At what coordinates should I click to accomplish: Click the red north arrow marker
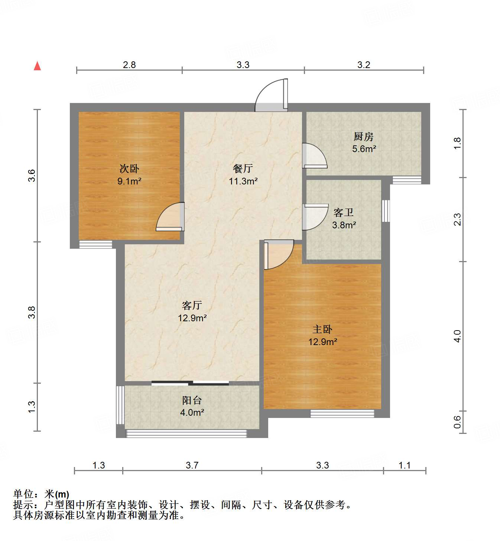[x=37, y=66]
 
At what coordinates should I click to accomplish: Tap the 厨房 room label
[x=363, y=136]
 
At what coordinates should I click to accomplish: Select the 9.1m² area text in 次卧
[x=129, y=181]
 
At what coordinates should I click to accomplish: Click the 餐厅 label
[x=243, y=168]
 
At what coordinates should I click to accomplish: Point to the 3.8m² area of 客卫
[x=344, y=225]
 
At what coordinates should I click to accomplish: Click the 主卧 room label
[x=322, y=329]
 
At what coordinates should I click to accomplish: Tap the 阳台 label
[x=192, y=400]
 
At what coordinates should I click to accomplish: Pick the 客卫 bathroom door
[x=315, y=216]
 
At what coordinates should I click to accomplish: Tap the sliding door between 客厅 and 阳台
[x=190, y=383]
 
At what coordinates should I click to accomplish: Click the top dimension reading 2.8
[x=129, y=65]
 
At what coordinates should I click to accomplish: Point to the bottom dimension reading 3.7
[x=192, y=465]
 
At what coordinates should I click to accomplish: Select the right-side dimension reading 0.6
[x=457, y=422]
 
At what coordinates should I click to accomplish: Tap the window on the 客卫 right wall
[x=386, y=211]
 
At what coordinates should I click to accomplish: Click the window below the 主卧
[x=342, y=413]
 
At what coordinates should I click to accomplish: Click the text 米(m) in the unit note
[x=57, y=494]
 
